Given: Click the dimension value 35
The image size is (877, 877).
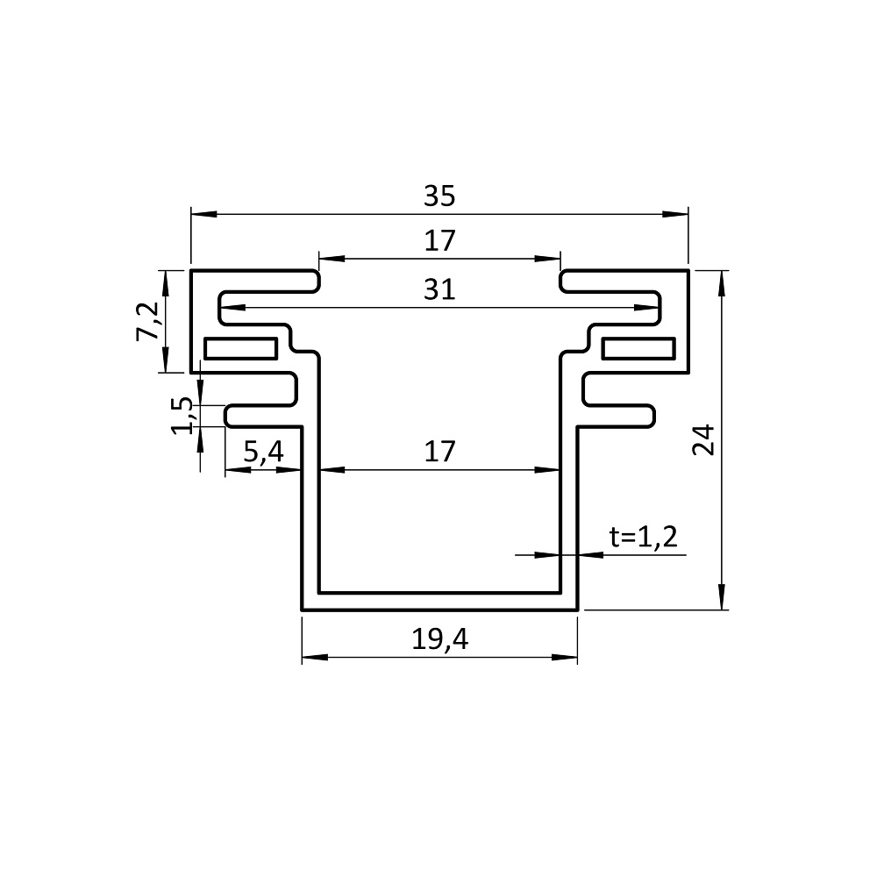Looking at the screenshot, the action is click(439, 196).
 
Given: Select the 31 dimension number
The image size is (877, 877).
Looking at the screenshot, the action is click(439, 289).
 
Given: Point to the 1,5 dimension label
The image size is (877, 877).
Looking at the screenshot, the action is click(182, 416).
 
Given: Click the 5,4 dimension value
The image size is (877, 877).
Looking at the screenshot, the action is click(263, 452).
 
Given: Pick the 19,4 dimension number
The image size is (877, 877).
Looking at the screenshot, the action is click(439, 638).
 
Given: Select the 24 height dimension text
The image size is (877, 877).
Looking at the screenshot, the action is click(703, 439).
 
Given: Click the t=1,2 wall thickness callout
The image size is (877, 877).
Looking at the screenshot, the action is click(643, 537).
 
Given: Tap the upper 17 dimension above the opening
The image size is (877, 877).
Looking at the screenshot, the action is click(439, 241).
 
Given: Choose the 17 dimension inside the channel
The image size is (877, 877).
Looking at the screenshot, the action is click(439, 452).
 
